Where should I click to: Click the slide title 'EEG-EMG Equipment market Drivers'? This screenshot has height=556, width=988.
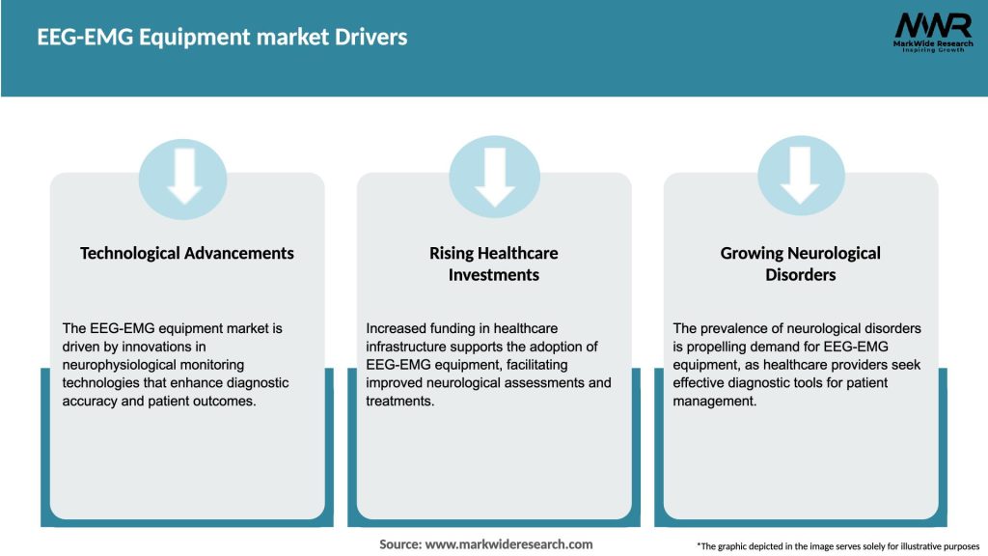[222, 38]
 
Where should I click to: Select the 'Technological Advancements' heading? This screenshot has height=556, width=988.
[187, 253]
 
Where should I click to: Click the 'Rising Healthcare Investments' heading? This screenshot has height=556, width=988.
[494, 264]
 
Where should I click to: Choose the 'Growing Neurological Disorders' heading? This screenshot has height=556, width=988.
[800, 264]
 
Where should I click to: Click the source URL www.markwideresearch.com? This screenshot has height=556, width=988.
[510, 544]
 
